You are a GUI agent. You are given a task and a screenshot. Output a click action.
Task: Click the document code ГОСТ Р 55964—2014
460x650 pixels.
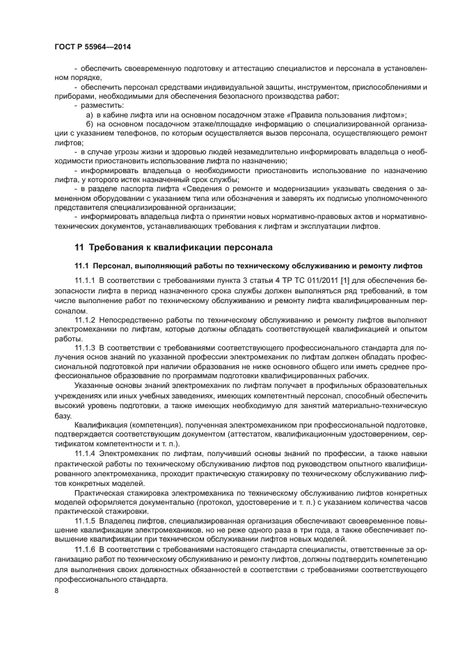93,47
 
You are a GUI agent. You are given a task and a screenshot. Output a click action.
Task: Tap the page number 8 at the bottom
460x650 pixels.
56,591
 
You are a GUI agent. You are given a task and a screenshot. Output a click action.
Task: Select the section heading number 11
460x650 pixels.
79,247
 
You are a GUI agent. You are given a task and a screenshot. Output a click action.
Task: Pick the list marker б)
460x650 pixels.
89,123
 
